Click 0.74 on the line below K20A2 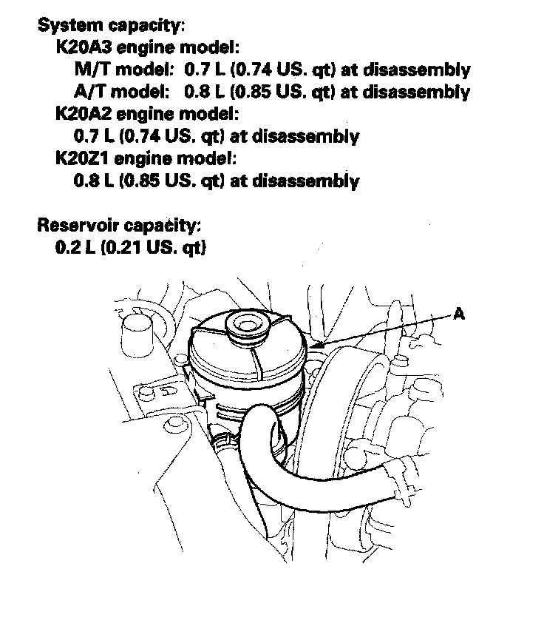click(140, 137)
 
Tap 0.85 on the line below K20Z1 click(140, 181)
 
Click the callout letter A click(459, 314)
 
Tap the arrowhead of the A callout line click(315, 346)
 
